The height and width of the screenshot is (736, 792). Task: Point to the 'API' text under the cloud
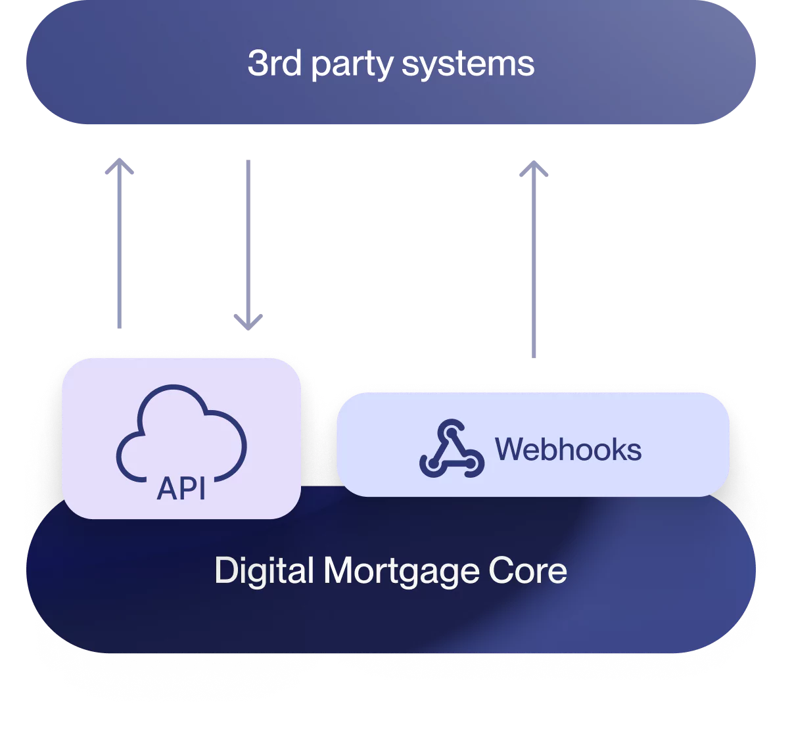pos(181,488)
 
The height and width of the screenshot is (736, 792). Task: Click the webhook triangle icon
pos(452,449)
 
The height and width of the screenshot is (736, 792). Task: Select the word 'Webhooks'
pos(568,449)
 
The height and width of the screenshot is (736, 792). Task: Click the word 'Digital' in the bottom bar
pos(264,570)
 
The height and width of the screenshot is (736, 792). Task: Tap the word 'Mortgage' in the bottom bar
pos(400,571)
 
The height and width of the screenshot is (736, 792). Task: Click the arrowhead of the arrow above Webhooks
pos(533,168)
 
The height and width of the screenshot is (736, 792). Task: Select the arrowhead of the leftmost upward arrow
pos(119,168)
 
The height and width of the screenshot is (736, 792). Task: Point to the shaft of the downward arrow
pos(247,237)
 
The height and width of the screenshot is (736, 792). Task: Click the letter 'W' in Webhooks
pos(509,449)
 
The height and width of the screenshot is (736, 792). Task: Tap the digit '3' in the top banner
pos(256,64)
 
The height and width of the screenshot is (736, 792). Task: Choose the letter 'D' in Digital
pos(226,570)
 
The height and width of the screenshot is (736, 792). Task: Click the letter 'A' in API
pos(166,488)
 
